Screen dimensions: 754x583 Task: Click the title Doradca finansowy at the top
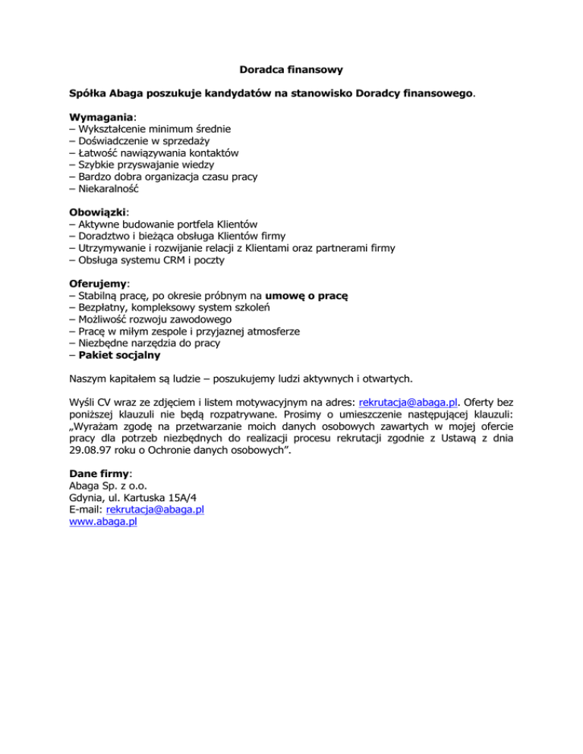pos(291,70)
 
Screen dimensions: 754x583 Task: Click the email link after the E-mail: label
pos(155,510)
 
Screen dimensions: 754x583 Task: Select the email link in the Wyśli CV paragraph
pos(406,403)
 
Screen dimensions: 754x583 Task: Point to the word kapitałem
pos(135,379)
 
